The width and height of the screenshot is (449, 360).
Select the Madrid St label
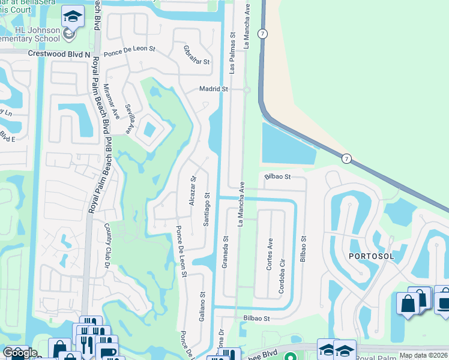click(214, 89)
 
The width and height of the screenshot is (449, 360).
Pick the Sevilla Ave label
click(128, 118)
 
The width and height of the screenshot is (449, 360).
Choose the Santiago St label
click(206, 209)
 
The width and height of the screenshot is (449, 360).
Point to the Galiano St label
click(202, 304)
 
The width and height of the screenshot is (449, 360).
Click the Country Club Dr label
click(108, 242)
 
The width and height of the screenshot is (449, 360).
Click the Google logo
click(19, 353)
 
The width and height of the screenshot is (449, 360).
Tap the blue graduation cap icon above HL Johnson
click(73, 17)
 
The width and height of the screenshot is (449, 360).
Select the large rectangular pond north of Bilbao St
click(288, 144)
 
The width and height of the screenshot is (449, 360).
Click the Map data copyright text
click(423, 355)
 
